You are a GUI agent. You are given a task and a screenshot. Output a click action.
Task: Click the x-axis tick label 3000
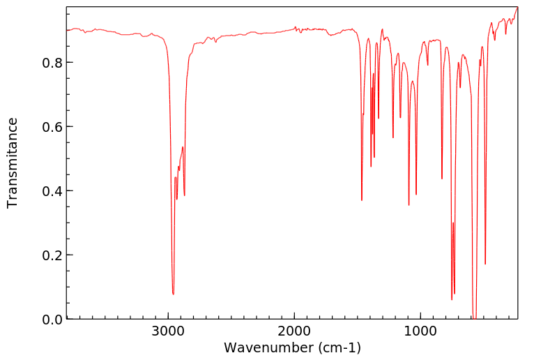click(168, 332)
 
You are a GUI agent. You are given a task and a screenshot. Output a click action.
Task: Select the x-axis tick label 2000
click(294, 332)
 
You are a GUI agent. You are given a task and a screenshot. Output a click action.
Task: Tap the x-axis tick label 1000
click(420, 332)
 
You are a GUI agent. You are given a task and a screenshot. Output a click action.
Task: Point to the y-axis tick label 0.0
click(52, 320)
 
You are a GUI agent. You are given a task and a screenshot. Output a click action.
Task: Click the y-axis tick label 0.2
click(52, 255)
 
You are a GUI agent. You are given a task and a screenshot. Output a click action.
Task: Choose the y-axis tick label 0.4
click(52, 191)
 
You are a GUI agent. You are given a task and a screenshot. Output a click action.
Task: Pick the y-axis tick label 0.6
click(52, 127)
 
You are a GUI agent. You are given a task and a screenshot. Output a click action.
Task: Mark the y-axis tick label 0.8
click(52, 63)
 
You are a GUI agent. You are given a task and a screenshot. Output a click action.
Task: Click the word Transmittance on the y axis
click(13, 163)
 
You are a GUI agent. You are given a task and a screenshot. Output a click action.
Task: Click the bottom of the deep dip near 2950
click(173, 294)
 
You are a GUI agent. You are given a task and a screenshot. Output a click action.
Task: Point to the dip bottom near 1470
click(362, 200)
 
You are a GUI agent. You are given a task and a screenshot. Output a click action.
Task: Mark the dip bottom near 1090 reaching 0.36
click(409, 205)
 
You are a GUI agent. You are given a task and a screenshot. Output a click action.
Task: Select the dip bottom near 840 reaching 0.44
click(441, 179)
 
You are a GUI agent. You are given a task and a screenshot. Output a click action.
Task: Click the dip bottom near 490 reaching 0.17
click(485, 264)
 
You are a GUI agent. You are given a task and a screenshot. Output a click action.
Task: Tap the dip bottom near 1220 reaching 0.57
click(393, 137)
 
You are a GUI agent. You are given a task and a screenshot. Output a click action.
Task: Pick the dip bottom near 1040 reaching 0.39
click(416, 195)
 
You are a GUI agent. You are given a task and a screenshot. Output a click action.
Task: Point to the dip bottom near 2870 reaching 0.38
click(185, 196)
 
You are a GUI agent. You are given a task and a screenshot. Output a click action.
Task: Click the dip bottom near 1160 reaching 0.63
click(400, 117)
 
